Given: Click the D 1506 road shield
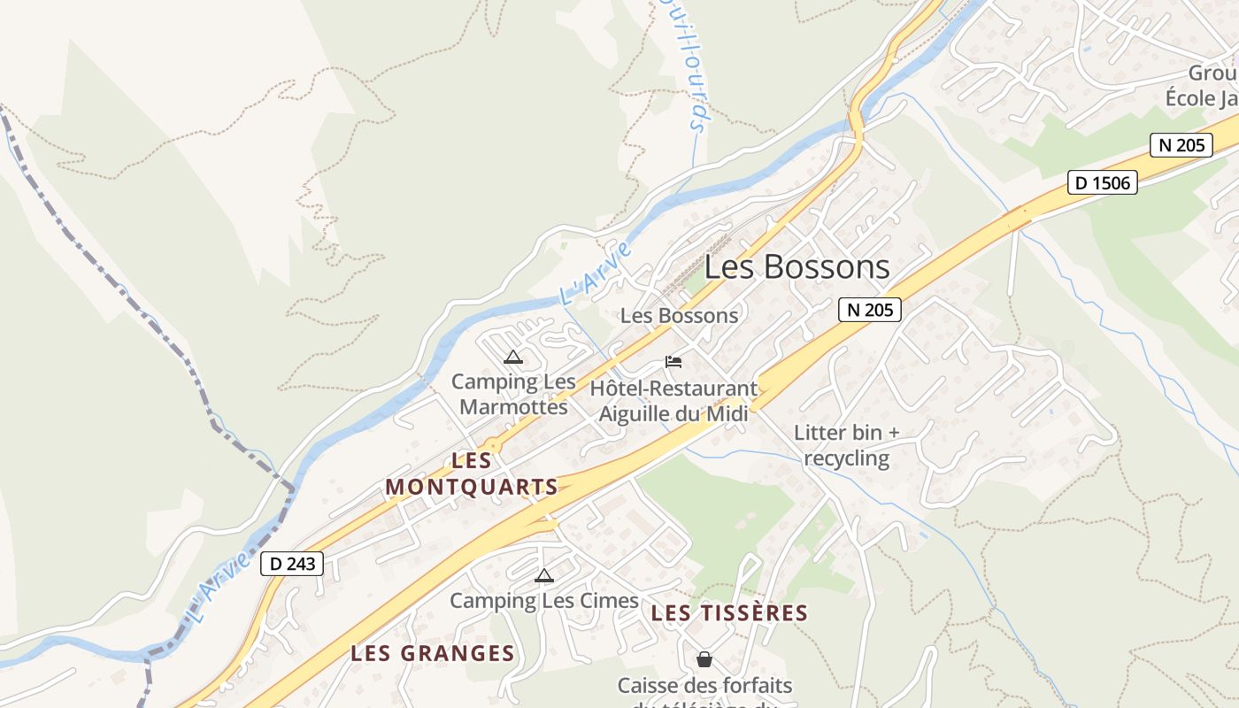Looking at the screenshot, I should pos(1102,183).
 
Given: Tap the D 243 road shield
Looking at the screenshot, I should pos(292,564).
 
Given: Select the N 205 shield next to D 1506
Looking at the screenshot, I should pos(1181,145).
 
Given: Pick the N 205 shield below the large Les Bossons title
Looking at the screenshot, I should pos(869,309).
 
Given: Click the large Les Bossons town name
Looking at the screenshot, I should pos(796,267).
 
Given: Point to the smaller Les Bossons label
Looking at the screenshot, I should pos(679,316).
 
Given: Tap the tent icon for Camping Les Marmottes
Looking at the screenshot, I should pos(512,358).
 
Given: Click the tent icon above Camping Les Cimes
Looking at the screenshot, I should pos(544,576).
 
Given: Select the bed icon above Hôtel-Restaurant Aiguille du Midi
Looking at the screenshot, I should pos(673,362).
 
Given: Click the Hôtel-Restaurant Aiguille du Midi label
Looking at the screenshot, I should pos(673,401).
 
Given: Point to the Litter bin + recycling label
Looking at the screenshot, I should pos(846,445).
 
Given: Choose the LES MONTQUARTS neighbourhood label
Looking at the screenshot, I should pos(472,474).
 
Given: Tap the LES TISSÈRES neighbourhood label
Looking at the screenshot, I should pos(729,613).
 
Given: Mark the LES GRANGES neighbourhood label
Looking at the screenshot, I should pos(432,654).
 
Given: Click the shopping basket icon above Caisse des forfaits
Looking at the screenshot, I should pos(704,659).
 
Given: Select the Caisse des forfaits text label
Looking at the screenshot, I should pos(704,686).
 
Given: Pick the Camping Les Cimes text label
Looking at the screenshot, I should pos(544,601).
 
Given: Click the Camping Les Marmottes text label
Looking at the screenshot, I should pos(513,395).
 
